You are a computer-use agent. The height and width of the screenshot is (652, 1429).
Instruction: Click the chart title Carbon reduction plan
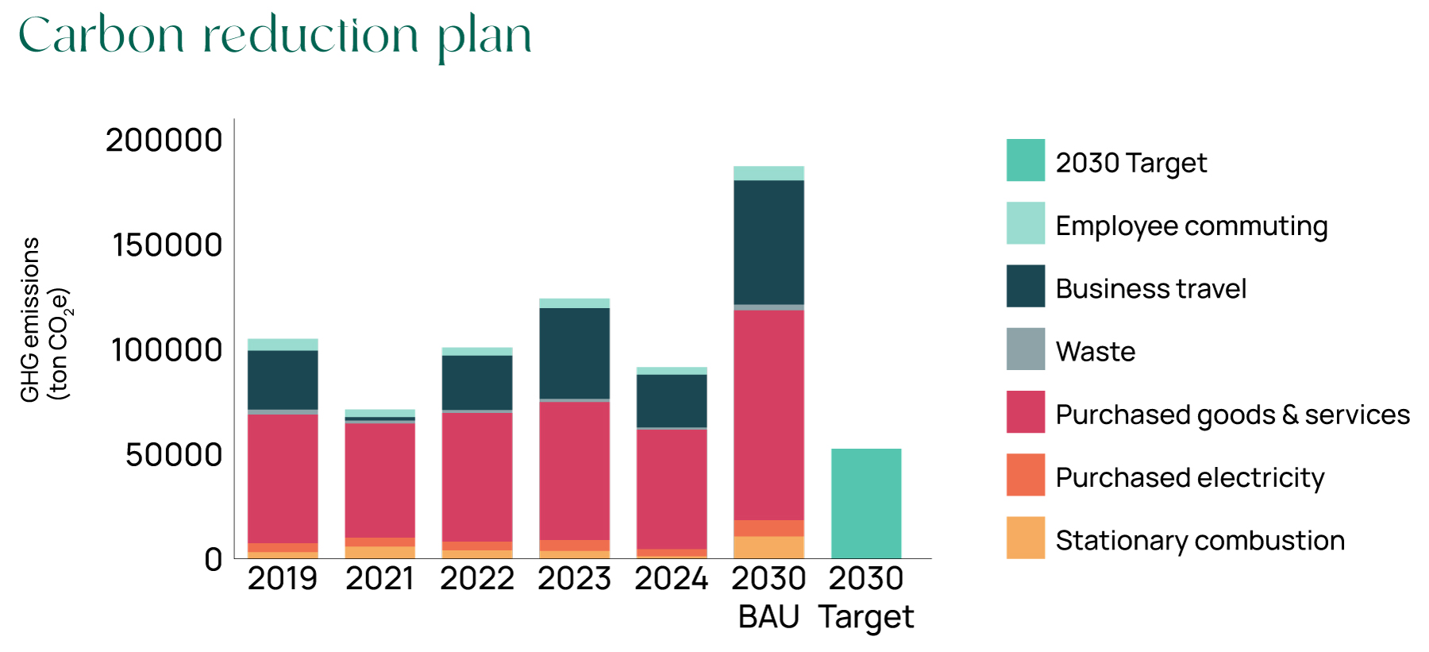pos(275,36)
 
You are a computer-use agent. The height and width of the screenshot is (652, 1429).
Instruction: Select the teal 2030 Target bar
pos(866,503)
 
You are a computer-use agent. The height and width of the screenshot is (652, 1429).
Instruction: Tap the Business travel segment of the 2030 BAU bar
pos(768,242)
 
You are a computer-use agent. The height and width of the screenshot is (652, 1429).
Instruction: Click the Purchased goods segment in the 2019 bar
pos(283,478)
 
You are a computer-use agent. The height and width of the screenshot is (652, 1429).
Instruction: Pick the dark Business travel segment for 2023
pos(574,353)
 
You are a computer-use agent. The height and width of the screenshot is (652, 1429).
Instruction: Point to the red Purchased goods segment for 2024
pos(672,488)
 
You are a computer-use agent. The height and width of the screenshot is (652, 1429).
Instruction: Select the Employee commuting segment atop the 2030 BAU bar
pos(768,173)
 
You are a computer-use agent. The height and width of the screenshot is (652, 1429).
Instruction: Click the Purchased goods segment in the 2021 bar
pos(379,480)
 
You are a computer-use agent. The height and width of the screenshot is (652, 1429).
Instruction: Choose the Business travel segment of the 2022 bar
pos(477,382)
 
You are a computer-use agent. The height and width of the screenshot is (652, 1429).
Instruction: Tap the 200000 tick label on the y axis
pos(164,141)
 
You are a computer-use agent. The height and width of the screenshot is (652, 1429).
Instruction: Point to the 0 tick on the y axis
pos(213,559)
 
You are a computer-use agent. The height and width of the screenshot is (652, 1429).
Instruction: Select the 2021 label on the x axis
pos(379,579)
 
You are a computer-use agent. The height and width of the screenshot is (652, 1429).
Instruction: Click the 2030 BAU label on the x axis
pos(768,597)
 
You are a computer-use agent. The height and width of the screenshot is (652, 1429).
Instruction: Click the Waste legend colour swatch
pos(1025,349)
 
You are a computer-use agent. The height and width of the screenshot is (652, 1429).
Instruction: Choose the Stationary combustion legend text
pos(1200,541)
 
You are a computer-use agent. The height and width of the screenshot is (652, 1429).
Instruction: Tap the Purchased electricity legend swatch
pos(1025,475)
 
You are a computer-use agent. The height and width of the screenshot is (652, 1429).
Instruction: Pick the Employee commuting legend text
pos(1191,226)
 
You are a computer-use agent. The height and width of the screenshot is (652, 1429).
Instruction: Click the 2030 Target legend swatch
pos(1025,160)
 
